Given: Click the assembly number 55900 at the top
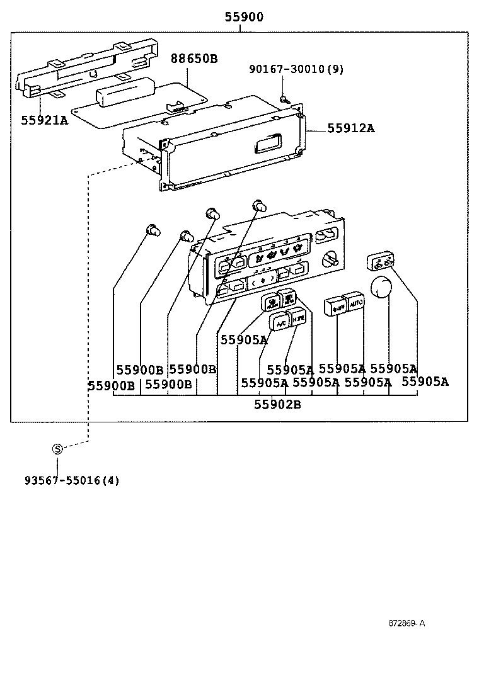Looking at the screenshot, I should tap(244, 17).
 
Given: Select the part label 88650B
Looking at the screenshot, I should tap(194, 59).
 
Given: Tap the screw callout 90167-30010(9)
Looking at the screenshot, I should tap(295, 69).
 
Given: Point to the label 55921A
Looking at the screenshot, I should tap(43, 120).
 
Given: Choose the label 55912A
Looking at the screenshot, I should tap(350, 128).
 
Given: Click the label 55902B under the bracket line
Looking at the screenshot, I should tap(277, 405).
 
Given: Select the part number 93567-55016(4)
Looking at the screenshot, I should tap(72, 480).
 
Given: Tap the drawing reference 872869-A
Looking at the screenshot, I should tap(407, 623).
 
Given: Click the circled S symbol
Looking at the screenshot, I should tap(57, 449).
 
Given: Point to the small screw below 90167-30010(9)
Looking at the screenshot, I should tap(284, 98).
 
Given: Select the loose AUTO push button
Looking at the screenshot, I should tap(355, 303).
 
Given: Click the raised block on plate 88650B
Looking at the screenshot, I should tap(124, 94).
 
